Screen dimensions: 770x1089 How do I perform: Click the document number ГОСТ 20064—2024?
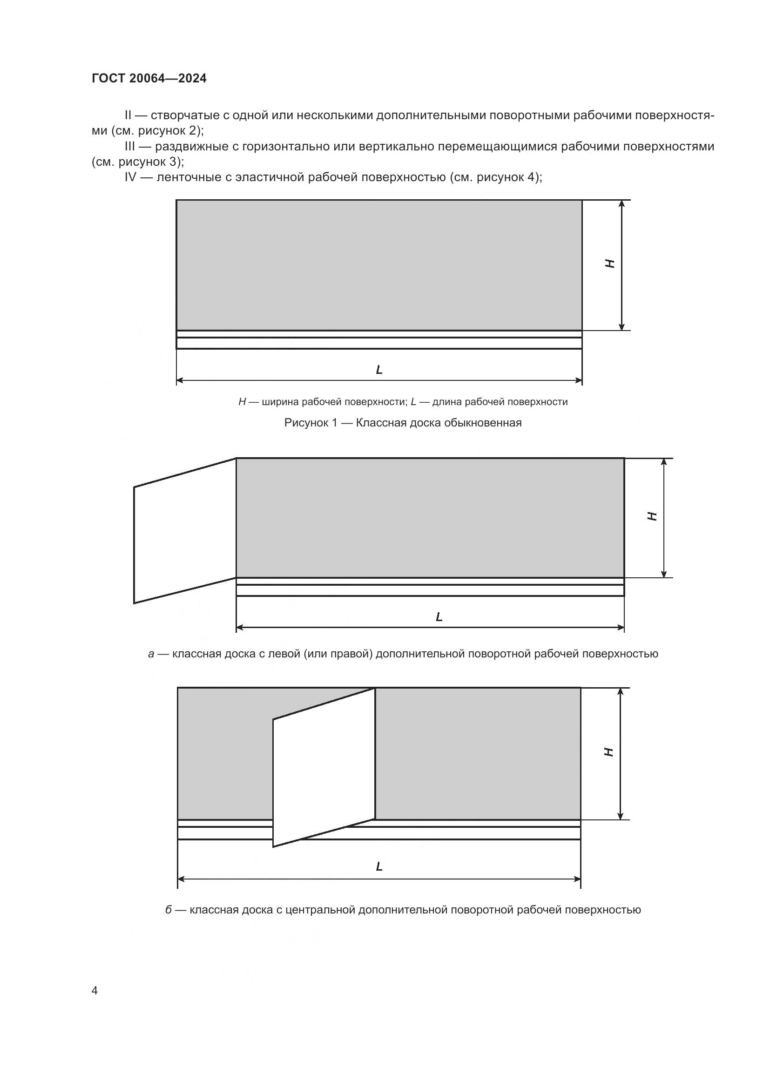[149, 78]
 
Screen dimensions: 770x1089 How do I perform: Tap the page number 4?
[95, 990]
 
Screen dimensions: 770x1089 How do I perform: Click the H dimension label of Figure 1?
[610, 264]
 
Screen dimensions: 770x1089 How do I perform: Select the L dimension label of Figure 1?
[379, 370]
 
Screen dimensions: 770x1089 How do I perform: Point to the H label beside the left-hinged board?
[652, 516]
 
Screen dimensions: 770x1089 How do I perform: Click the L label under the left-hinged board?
[439, 617]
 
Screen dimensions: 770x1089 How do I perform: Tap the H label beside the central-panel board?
[609, 752]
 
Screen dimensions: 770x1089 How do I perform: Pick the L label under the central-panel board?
[379, 866]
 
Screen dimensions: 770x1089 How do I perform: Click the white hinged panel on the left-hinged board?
[185, 531]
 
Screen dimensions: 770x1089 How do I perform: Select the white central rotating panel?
[324, 768]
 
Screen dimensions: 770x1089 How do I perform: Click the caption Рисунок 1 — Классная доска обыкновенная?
[403, 423]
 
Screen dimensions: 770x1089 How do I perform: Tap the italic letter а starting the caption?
[151, 654]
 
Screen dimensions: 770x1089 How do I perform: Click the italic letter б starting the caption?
[169, 910]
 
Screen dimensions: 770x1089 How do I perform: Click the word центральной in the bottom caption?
[317, 910]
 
